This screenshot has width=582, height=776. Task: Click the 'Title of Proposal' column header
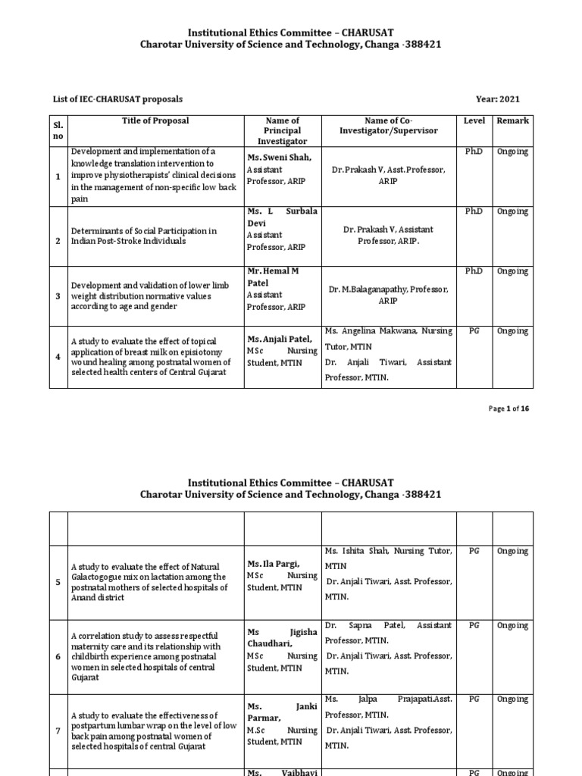[x=155, y=120]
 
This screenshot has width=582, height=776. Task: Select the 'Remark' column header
[x=512, y=120]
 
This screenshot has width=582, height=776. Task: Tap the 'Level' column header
[x=474, y=120]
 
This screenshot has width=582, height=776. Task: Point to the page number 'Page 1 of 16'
[x=508, y=408]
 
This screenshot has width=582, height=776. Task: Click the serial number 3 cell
[x=58, y=296]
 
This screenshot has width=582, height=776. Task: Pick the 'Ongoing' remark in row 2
[x=512, y=211]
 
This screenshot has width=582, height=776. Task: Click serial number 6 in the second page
[x=58, y=656]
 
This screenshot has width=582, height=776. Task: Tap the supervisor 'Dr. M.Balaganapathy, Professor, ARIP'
[x=389, y=295]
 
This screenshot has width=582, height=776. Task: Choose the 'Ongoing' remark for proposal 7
[x=512, y=699]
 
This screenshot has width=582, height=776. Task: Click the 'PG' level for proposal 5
[x=474, y=551]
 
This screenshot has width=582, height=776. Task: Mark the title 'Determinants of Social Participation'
[x=144, y=230]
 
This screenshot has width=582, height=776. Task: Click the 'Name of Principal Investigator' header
[x=283, y=130]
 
